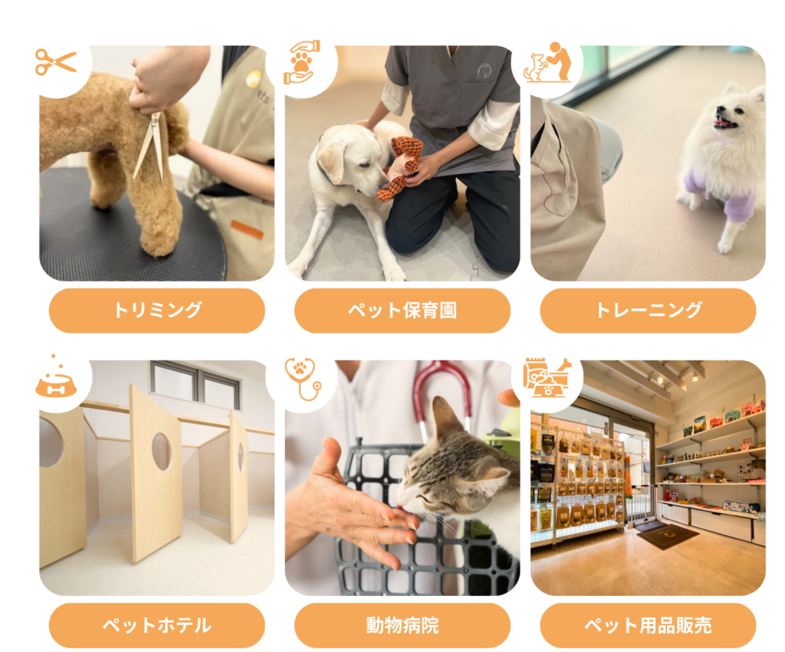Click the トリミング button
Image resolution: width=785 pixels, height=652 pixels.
(156, 311)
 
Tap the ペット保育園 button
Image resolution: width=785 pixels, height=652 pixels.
(402, 311)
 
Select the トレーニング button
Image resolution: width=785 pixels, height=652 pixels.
(648, 311)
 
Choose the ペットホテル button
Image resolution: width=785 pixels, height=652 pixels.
(156, 625)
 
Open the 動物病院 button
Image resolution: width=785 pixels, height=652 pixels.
(402, 625)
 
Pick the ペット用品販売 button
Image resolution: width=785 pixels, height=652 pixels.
(648, 625)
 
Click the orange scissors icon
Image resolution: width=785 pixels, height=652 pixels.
(55, 62)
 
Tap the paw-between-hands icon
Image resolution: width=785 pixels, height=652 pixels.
(301, 63)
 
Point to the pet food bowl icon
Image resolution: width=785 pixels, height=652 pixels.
(55, 381)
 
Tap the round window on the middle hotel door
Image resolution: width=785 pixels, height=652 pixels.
(162, 452)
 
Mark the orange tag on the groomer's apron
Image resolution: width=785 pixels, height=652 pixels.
(247, 229)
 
